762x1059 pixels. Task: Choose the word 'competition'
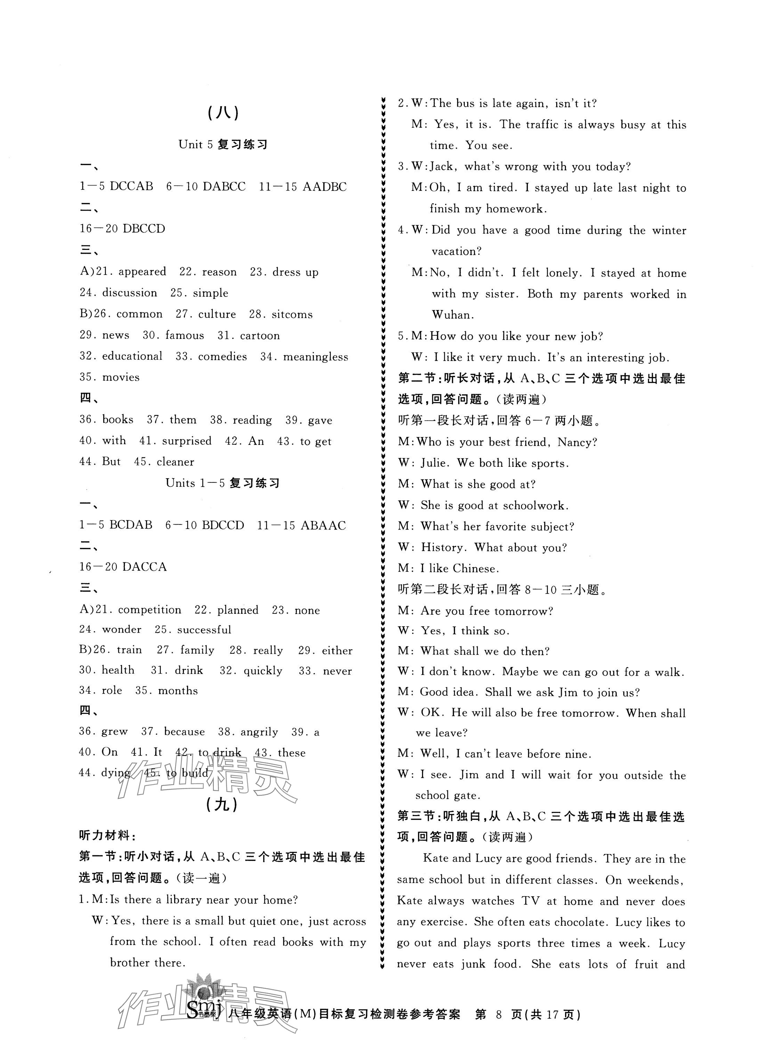(149, 610)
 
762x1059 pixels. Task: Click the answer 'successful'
(204, 630)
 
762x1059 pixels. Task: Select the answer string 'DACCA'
(144, 567)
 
